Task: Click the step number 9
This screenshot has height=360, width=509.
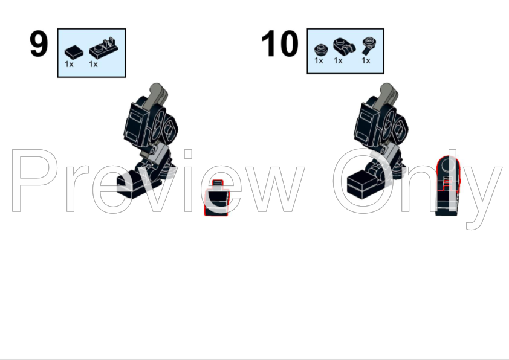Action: pyautogui.click(x=39, y=44)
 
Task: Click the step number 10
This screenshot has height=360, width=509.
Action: pyautogui.click(x=279, y=43)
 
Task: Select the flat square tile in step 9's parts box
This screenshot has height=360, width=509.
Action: pyautogui.click(x=74, y=52)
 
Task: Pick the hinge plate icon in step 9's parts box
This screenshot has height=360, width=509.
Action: pyautogui.click(x=103, y=49)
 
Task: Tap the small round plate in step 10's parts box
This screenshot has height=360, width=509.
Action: pyautogui.click(x=321, y=50)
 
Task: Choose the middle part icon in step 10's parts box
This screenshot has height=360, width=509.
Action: pyautogui.click(x=344, y=46)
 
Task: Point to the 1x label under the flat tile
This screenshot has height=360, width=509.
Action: pyautogui.click(x=69, y=64)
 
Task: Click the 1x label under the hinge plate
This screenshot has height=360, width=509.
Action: pyautogui.click(x=93, y=64)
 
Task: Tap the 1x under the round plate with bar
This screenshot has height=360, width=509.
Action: pyautogui.click(x=366, y=60)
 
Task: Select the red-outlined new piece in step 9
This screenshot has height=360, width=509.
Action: pyautogui.click(x=216, y=199)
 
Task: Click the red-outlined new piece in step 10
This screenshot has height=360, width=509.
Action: pyautogui.click(x=448, y=185)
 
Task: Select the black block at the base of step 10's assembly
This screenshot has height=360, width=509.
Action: pyautogui.click(x=363, y=185)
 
